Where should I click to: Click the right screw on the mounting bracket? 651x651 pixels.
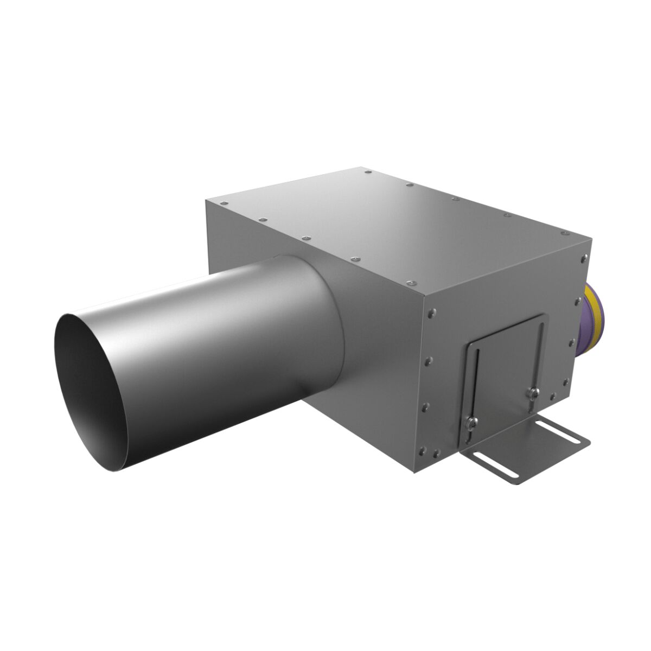tap(533, 392)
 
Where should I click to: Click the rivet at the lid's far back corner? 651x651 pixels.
tap(368, 173)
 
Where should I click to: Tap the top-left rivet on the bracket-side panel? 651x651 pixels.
tap(431, 312)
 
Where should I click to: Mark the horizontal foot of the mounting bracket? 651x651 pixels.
tap(526, 450)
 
